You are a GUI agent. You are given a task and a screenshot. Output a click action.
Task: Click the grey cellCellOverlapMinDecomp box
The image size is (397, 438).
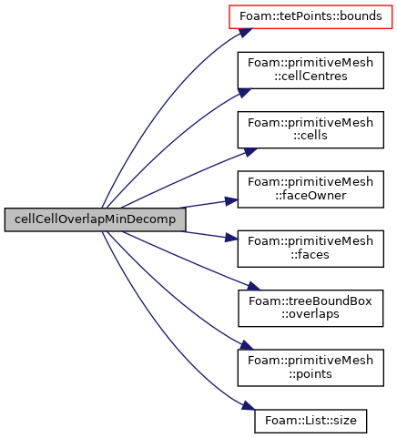95,219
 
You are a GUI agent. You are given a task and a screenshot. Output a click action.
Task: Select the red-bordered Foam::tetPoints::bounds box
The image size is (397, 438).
310,17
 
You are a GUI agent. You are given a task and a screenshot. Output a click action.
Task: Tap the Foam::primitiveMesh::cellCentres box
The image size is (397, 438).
310,70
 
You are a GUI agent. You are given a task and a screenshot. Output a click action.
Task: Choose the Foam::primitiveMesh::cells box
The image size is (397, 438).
310,130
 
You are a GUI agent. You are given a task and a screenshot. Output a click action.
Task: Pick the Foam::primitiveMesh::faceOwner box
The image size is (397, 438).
310,189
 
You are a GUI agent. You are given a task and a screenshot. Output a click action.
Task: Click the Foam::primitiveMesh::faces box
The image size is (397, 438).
310,249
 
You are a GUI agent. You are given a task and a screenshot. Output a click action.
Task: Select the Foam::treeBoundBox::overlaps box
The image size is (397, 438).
310,309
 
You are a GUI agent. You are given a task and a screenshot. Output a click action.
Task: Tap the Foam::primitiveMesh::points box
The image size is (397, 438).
310,368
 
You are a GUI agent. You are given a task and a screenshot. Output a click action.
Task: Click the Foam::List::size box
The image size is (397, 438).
310,421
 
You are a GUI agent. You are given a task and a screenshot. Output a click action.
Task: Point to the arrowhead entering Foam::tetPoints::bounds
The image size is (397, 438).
246,33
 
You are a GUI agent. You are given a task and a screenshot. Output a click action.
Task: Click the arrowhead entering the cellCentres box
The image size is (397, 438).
245,92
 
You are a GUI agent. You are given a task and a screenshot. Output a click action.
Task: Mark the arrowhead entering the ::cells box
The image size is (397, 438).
250,152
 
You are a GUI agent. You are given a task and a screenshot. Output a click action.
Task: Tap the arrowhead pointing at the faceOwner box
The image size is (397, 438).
232,201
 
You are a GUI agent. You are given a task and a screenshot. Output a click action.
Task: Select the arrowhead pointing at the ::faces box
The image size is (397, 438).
232,238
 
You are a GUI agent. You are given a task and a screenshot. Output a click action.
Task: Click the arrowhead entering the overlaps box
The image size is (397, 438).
253,286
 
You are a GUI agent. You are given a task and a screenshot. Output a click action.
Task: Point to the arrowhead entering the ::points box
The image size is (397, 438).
246,345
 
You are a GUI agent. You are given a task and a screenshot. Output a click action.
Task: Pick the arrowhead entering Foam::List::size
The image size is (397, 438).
249,406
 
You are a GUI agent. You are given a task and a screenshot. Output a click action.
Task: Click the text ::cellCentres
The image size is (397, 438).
310,76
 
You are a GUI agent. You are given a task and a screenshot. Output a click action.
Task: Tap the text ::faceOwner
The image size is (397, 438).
310,196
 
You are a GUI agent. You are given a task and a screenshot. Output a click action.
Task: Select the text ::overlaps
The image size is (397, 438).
310,315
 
